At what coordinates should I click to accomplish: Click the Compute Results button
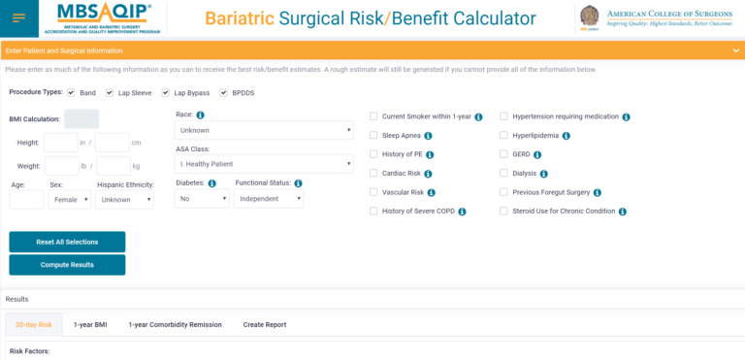pyautogui.click(x=67, y=265)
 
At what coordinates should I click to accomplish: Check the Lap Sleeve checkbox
pyautogui.click(x=110, y=93)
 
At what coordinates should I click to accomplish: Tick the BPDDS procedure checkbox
pyautogui.click(x=224, y=93)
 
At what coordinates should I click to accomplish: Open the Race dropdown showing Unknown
pyautogui.click(x=264, y=130)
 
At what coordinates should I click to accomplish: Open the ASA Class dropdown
pyautogui.click(x=264, y=164)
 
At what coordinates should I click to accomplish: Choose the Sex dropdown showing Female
pyautogui.click(x=70, y=199)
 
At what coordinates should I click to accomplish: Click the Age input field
pyautogui.click(x=26, y=199)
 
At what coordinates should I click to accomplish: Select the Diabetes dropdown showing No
pyautogui.click(x=202, y=198)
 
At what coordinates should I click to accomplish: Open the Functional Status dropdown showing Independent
pyautogui.click(x=269, y=198)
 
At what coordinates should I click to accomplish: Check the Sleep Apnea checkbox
pyautogui.click(x=373, y=136)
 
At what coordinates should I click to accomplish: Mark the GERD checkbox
pyautogui.click(x=504, y=154)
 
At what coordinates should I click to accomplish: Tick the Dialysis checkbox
pyautogui.click(x=504, y=173)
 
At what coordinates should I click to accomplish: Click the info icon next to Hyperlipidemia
pyautogui.click(x=567, y=136)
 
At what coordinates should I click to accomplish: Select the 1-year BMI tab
pyautogui.click(x=90, y=324)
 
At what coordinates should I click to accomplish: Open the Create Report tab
pyautogui.click(x=264, y=324)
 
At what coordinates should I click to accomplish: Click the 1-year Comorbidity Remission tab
pyautogui.click(x=175, y=324)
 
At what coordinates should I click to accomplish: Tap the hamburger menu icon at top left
pyautogui.click(x=19, y=18)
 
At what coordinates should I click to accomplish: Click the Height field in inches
pyautogui.click(x=60, y=143)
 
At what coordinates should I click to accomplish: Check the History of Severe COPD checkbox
pyautogui.click(x=373, y=211)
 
